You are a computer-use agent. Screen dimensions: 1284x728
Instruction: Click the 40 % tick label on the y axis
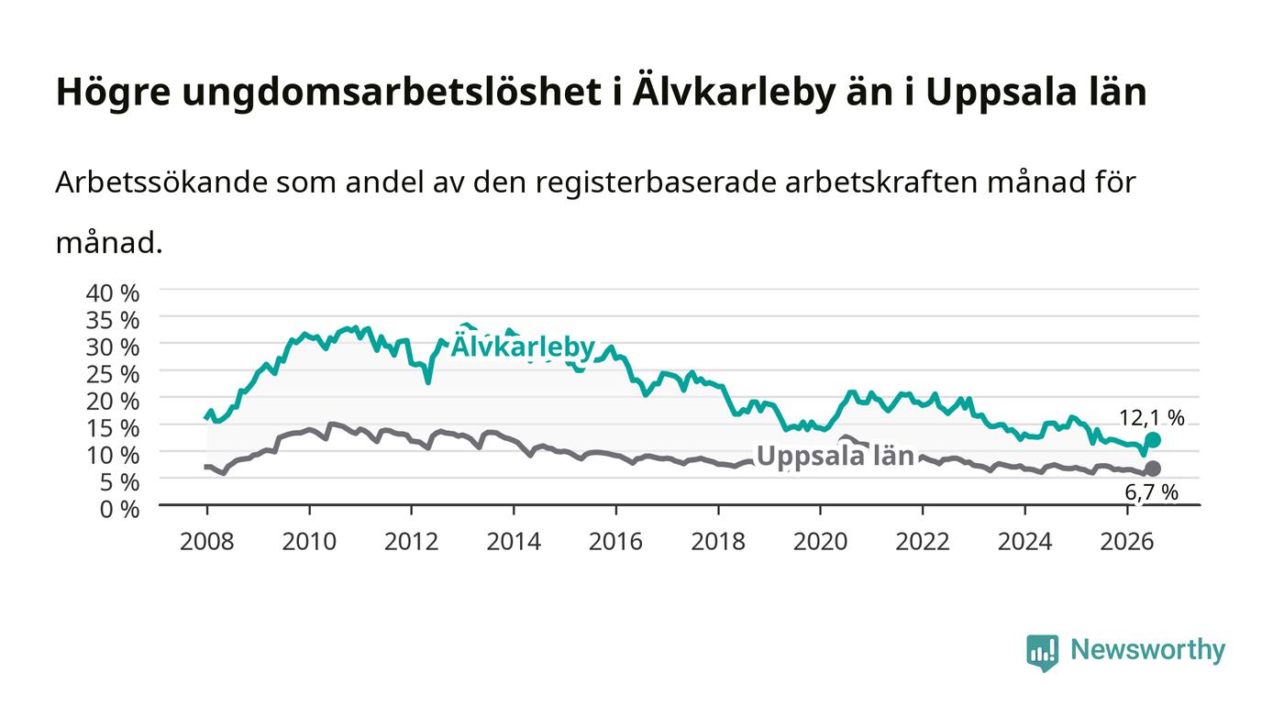coord(112,292)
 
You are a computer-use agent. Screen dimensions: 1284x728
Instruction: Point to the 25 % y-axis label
coord(112,374)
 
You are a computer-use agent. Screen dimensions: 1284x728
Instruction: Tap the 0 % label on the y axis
coord(119,509)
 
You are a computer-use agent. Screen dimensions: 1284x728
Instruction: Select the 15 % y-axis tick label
coord(112,428)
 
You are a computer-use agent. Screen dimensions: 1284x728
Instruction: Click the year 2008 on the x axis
coord(207,542)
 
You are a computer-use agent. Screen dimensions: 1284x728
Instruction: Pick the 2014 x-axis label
coord(514,542)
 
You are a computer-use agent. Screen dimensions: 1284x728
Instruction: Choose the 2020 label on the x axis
coord(820,542)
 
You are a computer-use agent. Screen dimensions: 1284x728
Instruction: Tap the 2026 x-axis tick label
coord(1127,542)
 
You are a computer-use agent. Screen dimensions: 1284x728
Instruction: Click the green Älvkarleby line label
coord(524,347)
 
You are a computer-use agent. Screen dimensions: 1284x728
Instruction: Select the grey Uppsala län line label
coord(836,457)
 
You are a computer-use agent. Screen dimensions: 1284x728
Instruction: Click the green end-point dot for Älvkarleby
coord(1153,440)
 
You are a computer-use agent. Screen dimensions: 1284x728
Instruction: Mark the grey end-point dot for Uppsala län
coord(1153,469)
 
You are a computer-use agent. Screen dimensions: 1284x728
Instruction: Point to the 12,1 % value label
coord(1152,418)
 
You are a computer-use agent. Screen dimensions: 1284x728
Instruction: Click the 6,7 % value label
coord(1152,492)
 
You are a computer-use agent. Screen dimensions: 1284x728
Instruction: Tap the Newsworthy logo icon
coord(1042,652)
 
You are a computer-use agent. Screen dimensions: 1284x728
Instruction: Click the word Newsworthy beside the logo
coord(1147,650)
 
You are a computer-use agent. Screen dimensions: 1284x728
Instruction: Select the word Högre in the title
coord(113,93)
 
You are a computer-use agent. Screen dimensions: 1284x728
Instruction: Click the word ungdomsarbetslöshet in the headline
coord(392,93)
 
